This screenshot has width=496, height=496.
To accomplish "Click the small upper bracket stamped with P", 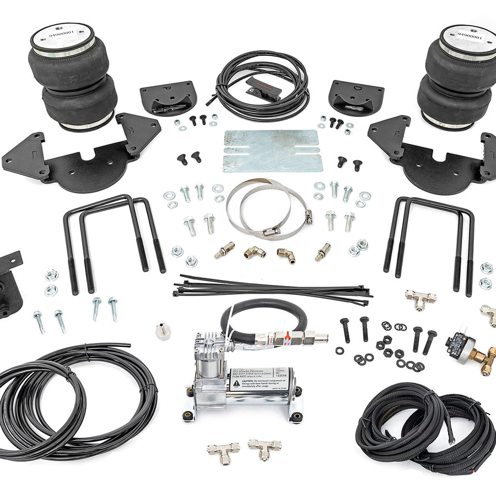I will [168, 96].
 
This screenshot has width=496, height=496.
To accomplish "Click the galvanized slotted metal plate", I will [271, 150].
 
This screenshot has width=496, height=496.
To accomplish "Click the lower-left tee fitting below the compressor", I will [223, 450].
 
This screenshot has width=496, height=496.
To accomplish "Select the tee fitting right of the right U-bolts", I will [420, 298].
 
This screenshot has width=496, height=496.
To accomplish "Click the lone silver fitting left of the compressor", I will [163, 331].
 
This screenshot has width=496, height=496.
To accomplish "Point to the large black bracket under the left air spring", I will [83, 157].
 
